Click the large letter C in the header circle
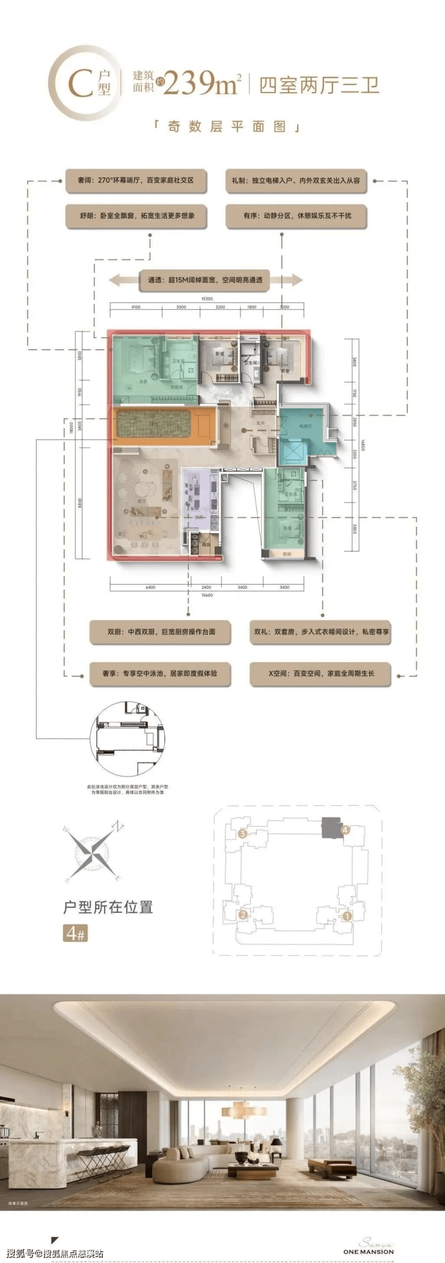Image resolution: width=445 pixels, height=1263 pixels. click(x=79, y=84)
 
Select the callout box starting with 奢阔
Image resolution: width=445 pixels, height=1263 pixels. click(x=136, y=180)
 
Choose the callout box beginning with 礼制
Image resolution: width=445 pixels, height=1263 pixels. click(x=296, y=180)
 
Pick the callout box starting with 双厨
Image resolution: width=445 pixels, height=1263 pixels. click(x=161, y=632)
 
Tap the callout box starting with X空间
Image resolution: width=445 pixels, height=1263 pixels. click(x=321, y=674)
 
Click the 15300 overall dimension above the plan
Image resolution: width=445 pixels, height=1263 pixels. click(x=206, y=299)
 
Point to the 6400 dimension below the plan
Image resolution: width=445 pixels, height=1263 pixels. click(x=150, y=587)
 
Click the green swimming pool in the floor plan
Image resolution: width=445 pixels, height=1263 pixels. click(x=153, y=424)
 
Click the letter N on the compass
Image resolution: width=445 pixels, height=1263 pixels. click(x=120, y=826)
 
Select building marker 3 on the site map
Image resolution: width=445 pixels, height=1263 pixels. click(x=242, y=834)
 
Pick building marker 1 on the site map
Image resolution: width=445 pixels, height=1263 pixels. click(x=347, y=917)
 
